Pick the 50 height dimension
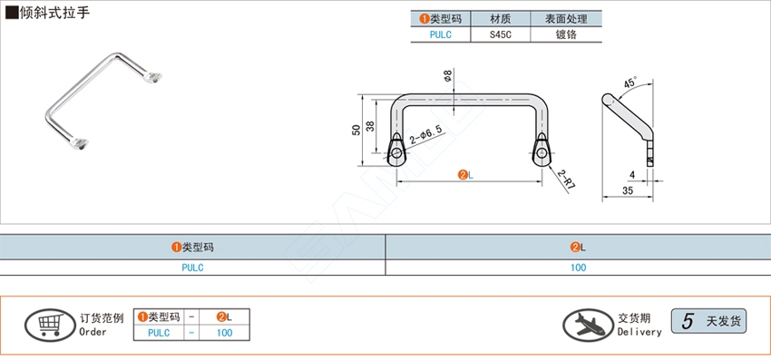(x=355, y=130)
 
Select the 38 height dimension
(x=369, y=127)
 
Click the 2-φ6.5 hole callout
(x=425, y=134)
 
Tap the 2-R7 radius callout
(x=568, y=179)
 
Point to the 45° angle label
(x=630, y=81)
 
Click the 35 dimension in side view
(x=628, y=190)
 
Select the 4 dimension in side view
(x=631, y=174)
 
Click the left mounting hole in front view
(x=396, y=152)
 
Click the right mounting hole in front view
(x=542, y=152)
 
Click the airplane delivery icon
(x=588, y=323)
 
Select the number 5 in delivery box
(x=688, y=320)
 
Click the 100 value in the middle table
(x=579, y=268)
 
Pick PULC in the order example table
(x=159, y=333)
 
